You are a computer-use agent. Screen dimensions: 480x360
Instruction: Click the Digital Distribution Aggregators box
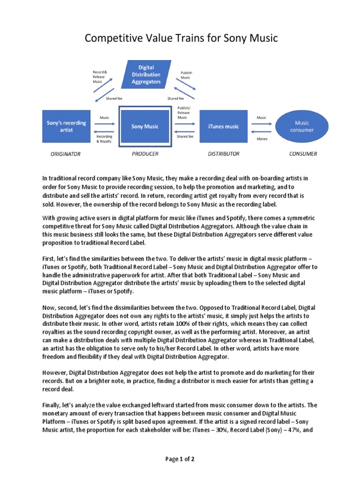[x=146, y=75]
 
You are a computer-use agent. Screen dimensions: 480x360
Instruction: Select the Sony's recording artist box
[x=66, y=126]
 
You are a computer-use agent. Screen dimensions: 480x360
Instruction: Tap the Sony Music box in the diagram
[x=144, y=126]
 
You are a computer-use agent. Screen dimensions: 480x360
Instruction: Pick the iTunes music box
[x=223, y=126]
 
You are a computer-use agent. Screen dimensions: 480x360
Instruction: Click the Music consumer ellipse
[x=301, y=126]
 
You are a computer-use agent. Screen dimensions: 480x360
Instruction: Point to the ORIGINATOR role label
[x=66, y=154]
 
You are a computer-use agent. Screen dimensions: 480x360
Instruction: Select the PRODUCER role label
[x=145, y=154]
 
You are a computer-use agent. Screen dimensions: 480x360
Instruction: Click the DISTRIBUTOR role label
[x=224, y=154]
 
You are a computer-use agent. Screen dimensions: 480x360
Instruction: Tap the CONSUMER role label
[x=303, y=154]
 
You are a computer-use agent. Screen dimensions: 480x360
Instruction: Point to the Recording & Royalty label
[x=104, y=139]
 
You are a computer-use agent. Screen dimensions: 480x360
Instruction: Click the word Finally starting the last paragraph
[x=52, y=405]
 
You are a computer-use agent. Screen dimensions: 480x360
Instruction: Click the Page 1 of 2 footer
[x=180, y=459]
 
